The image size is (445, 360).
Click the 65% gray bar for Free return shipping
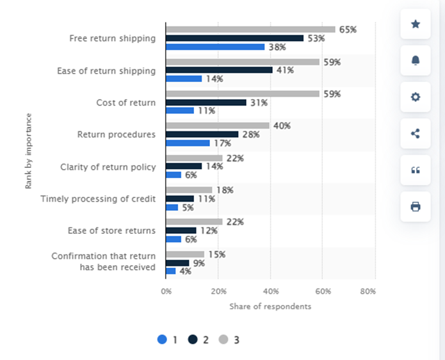pyautogui.click(x=250, y=29)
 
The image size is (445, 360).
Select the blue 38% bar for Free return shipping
pyautogui.click(x=215, y=47)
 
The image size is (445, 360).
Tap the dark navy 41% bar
pyautogui.click(x=219, y=70)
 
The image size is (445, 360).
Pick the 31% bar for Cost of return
pyautogui.click(x=206, y=102)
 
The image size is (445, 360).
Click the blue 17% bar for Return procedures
pyautogui.click(x=188, y=143)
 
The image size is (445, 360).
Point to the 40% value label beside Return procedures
pyautogui.click(x=282, y=126)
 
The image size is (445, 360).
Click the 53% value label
pyautogui.click(x=316, y=38)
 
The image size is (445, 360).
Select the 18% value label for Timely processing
pyautogui.click(x=224, y=190)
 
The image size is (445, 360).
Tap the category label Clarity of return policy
pyautogui.click(x=108, y=167)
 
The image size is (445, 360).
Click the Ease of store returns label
pyautogui.click(x=111, y=231)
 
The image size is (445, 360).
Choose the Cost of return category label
pyautogui.click(x=125, y=102)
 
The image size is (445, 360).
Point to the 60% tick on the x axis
pyautogui.click(x=322, y=291)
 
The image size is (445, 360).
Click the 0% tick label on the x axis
pyautogui.click(x=166, y=291)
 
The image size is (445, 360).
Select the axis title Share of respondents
pyautogui.click(x=270, y=306)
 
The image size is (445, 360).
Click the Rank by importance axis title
pyautogui.click(x=29, y=151)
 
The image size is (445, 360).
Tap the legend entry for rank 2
pyautogui.click(x=198, y=340)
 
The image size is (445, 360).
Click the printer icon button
pyautogui.click(x=416, y=206)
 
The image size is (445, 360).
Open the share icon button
pyautogui.click(x=416, y=134)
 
